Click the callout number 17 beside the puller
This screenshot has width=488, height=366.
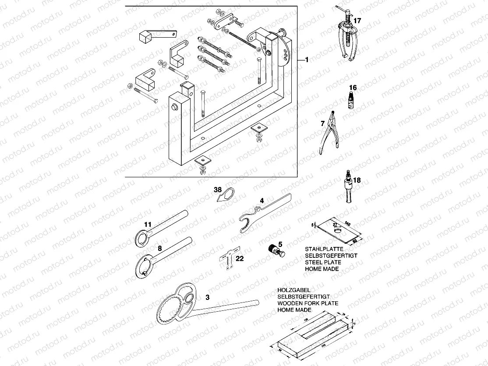point(357,21)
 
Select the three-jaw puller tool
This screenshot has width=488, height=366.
point(348,37)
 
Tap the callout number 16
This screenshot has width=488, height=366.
point(353,88)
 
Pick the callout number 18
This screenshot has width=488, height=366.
point(357,180)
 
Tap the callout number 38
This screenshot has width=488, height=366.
point(218,190)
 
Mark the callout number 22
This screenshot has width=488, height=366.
point(239,258)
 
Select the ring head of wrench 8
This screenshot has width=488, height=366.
point(143,267)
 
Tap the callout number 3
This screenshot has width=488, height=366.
point(208,297)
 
